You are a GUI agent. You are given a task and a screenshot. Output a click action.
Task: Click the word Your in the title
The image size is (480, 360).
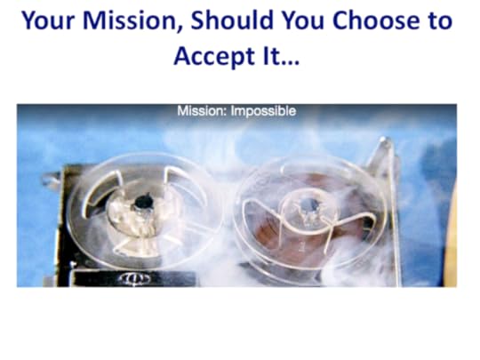pyautogui.click(x=48, y=20)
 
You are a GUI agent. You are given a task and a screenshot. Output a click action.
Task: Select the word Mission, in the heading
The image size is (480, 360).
pyautogui.click(x=132, y=21)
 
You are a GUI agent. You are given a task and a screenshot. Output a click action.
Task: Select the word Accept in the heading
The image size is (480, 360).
pyautogui.click(x=214, y=57)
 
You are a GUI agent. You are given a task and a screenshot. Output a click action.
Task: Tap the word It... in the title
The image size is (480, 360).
pyautogui.click(x=281, y=56)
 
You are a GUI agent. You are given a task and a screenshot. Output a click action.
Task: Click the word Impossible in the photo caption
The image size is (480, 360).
pyautogui.click(x=263, y=111)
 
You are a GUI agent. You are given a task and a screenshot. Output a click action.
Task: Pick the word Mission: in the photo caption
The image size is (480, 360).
pyautogui.click(x=202, y=111)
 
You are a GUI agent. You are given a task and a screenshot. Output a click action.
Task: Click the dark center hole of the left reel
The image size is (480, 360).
pyautogui.click(x=143, y=203)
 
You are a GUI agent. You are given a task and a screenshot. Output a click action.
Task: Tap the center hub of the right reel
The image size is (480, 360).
pyautogui.click(x=310, y=209)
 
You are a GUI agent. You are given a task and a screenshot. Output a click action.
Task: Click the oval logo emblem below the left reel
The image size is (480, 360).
pyautogui.click(x=135, y=278)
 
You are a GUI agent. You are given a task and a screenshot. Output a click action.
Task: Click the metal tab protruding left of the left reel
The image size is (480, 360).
pyautogui.click(x=52, y=180)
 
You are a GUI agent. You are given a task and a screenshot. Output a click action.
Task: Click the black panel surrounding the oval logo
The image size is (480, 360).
pyautogui.click(x=135, y=278)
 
